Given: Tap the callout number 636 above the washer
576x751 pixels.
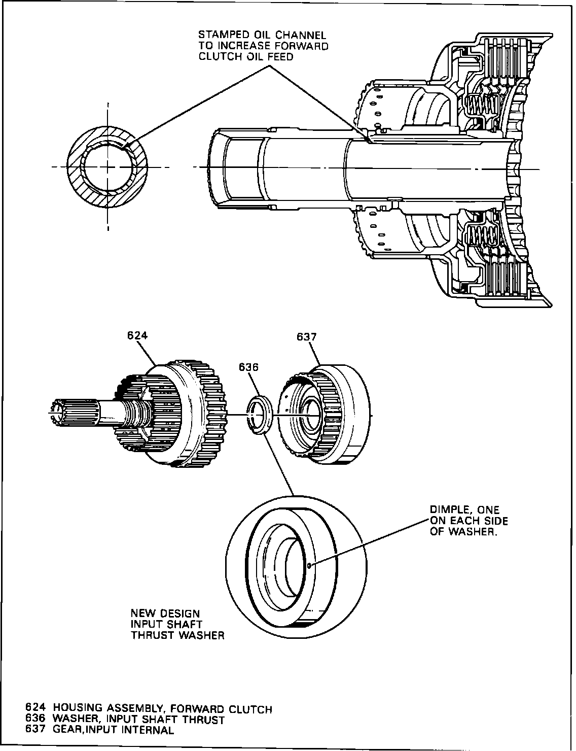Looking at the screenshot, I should pos(248,367).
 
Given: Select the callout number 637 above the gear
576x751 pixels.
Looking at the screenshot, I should pos(307,336).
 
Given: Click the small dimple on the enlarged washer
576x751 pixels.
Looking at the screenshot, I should pos(310,564).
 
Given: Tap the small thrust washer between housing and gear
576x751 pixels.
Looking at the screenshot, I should pos(259,416).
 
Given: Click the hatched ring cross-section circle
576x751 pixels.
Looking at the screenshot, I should pos(107,166).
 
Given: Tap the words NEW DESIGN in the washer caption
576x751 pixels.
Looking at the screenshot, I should pos(165,613).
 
